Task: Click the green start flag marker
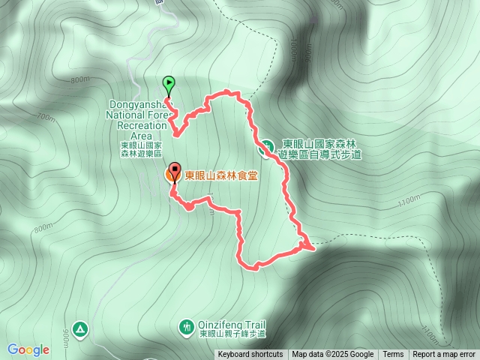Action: (168, 85)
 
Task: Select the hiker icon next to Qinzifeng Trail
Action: (186, 327)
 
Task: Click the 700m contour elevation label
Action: (45, 117)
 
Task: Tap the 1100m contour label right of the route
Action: (409, 201)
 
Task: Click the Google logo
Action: (28, 349)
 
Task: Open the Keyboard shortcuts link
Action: (250, 355)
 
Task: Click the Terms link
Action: (393, 355)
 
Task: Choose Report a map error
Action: (444, 355)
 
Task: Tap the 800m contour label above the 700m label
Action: (79, 79)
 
